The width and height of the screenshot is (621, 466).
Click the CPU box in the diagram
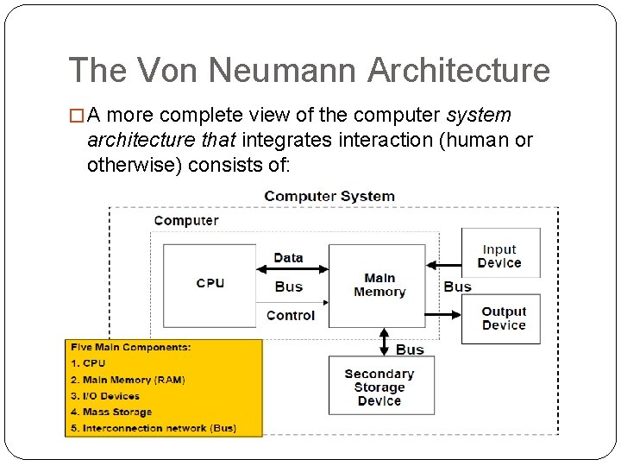(x=210, y=283)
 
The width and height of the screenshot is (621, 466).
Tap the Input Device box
(x=499, y=256)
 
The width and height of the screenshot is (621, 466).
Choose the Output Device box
(x=504, y=318)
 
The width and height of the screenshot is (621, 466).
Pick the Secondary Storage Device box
(x=379, y=387)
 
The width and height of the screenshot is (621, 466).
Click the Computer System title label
(x=329, y=196)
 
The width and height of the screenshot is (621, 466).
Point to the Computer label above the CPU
(x=185, y=220)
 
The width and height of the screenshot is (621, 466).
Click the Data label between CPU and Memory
(x=288, y=257)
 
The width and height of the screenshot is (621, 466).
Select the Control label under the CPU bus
(x=291, y=316)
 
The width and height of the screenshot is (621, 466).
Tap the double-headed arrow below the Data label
(x=292, y=271)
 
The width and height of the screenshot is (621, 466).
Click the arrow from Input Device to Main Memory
(x=444, y=265)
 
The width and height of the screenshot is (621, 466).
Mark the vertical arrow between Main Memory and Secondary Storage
(x=384, y=341)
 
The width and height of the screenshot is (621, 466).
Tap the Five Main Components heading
(x=131, y=347)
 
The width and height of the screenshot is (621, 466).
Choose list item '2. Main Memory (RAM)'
(x=128, y=380)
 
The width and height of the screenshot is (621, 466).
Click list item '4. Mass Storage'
(x=111, y=412)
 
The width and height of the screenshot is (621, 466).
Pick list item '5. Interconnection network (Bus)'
(x=154, y=429)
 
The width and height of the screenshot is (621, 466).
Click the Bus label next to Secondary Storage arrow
(x=410, y=349)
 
